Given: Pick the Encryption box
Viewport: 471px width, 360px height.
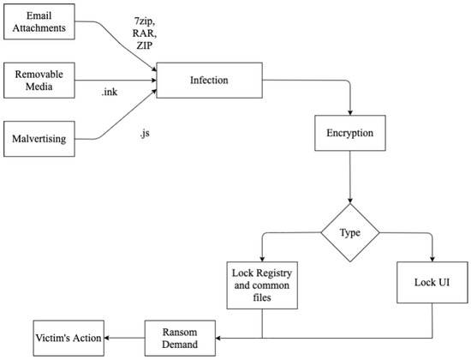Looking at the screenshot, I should [x=349, y=135].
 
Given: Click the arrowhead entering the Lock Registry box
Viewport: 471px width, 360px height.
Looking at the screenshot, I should [x=261, y=258].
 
